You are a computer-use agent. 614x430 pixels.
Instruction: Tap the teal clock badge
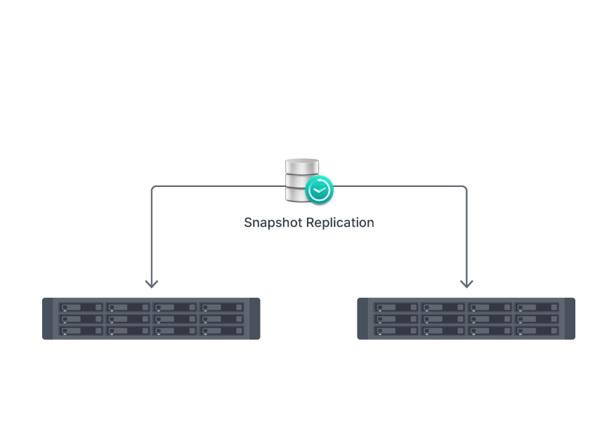click(320, 190)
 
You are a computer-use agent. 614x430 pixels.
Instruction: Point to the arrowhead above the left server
click(151, 283)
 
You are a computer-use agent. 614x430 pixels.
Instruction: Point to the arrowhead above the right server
click(466, 283)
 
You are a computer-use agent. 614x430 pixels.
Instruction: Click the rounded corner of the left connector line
click(154, 188)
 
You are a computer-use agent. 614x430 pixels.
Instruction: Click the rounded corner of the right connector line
click(464, 188)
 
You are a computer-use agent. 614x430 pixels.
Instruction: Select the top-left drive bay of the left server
click(81, 307)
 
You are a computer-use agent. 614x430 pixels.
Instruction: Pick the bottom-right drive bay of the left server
click(221, 330)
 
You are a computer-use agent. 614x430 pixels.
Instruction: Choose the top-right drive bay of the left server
click(221, 307)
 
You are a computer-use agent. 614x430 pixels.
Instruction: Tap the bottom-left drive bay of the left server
click(81, 330)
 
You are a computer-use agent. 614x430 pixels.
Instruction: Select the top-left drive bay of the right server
click(396, 307)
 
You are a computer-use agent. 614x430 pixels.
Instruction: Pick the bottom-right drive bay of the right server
click(536, 330)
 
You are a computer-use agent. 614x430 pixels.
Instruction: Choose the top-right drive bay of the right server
click(536, 307)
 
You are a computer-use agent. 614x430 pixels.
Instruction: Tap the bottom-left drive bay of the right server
click(396, 330)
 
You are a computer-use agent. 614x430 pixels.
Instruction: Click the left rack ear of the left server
click(48, 319)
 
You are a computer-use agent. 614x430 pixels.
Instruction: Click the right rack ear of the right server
click(570, 319)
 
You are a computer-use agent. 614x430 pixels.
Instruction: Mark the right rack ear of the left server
click(254, 319)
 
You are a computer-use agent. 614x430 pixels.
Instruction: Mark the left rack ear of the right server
click(363, 319)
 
